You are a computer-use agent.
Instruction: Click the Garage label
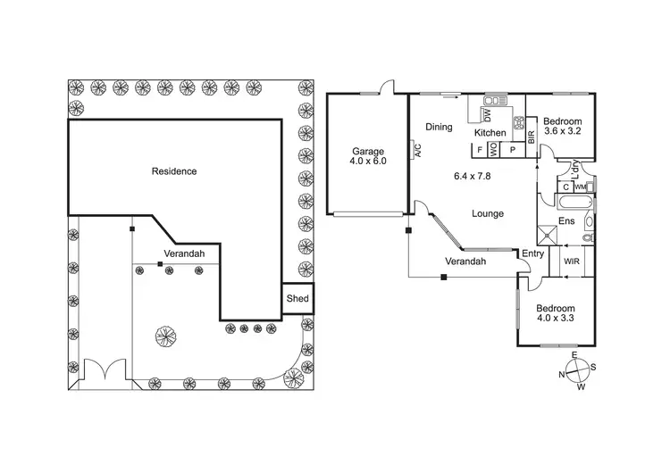click(x=368, y=152)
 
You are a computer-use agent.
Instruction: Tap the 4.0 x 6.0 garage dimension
click(x=368, y=162)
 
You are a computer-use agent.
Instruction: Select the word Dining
click(x=439, y=127)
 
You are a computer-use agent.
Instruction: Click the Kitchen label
click(x=490, y=133)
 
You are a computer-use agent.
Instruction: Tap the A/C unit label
click(x=416, y=150)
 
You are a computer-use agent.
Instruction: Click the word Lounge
click(x=488, y=213)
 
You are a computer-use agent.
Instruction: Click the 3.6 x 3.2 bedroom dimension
click(x=564, y=131)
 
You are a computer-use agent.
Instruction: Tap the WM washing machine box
click(x=580, y=187)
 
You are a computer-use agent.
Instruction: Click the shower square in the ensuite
click(x=547, y=235)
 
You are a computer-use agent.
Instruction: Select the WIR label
click(x=569, y=261)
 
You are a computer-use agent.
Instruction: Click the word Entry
click(x=532, y=254)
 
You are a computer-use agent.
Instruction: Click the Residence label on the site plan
click(x=173, y=171)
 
